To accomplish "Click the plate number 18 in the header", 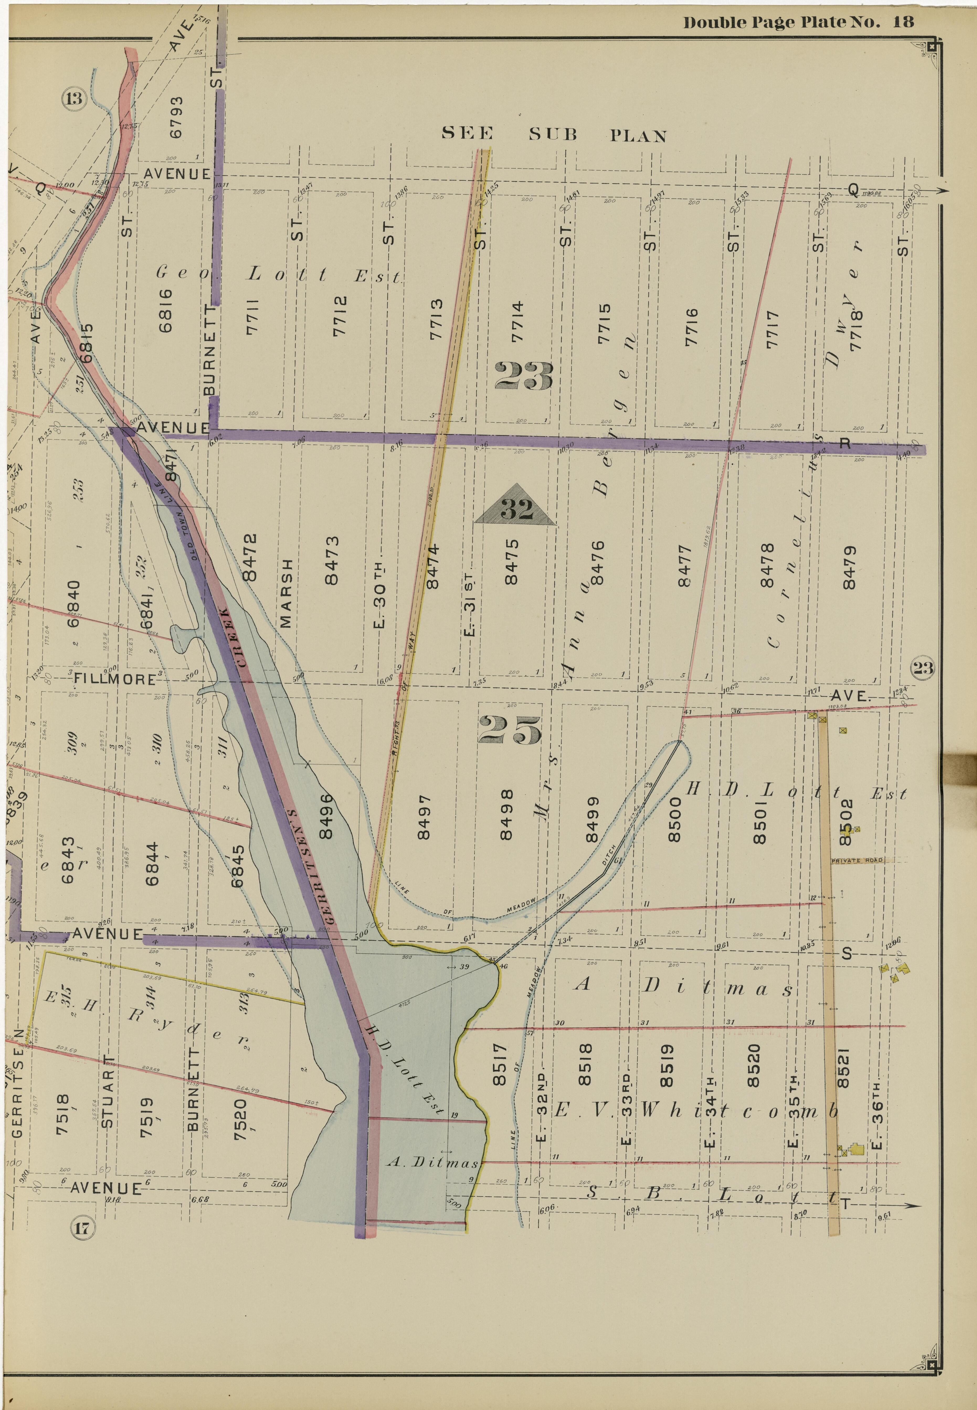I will [903, 23].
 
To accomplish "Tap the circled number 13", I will [74, 98].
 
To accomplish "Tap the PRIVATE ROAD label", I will [857, 860].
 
